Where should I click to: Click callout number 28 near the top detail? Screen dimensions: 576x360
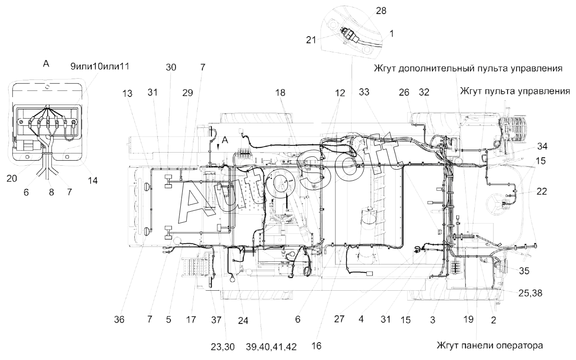[381, 11]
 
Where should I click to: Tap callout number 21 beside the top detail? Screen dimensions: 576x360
[311, 40]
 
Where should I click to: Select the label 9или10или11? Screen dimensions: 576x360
[100, 67]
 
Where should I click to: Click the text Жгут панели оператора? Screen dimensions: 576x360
[490, 346]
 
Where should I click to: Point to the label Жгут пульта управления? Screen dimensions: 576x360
[515, 91]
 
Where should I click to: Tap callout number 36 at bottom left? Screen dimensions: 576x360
[119, 320]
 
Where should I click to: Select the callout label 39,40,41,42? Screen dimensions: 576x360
[271, 347]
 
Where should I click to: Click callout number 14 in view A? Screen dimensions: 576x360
[93, 180]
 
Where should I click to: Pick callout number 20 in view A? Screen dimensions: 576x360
[12, 178]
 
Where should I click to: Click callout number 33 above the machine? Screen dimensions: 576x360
[364, 92]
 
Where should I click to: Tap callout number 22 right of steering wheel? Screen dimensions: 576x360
[542, 191]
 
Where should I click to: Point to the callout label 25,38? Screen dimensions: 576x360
[530, 293]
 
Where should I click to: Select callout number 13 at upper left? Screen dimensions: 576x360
[127, 94]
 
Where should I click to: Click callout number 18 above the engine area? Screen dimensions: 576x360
[280, 93]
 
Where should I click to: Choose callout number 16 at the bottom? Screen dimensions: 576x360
[317, 346]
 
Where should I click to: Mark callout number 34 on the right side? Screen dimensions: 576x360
[542, 146]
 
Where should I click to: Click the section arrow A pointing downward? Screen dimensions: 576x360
[218, 147]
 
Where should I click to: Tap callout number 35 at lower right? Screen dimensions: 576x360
[524, 271]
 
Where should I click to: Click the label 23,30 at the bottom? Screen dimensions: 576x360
[223, 347]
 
